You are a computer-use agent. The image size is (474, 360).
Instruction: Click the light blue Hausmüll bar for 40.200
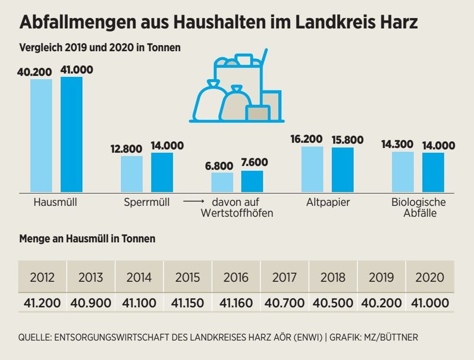click(x=41, y=135)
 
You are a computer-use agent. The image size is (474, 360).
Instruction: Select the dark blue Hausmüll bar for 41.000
click(x=71, y=134)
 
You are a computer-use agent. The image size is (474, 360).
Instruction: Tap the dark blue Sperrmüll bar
click(x=162, y=172)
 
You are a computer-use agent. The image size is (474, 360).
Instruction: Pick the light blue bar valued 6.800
click(x=222, y=182)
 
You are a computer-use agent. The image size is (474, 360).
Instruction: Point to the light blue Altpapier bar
click(x=312, y=169)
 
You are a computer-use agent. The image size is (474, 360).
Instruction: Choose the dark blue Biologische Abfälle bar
click(x=433, y=172)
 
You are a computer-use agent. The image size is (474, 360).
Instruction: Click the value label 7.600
click(x=254, y=163)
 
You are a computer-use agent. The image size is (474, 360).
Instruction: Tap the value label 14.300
click(x=397, y=144)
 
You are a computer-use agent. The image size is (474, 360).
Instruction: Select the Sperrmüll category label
click(x=147, y=202)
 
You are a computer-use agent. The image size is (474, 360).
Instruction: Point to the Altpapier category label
click(x=328, y=202)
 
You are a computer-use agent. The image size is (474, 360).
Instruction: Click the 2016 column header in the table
click(x=236, y=278)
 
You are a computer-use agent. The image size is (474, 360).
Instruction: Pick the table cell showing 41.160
click(x=236, y=303)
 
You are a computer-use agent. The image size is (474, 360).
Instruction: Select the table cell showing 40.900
click(x=91, y=303)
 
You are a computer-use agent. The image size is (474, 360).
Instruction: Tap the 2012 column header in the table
click(x=42, y=278)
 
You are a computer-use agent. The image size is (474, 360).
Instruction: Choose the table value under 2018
click(x=333, y=303)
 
